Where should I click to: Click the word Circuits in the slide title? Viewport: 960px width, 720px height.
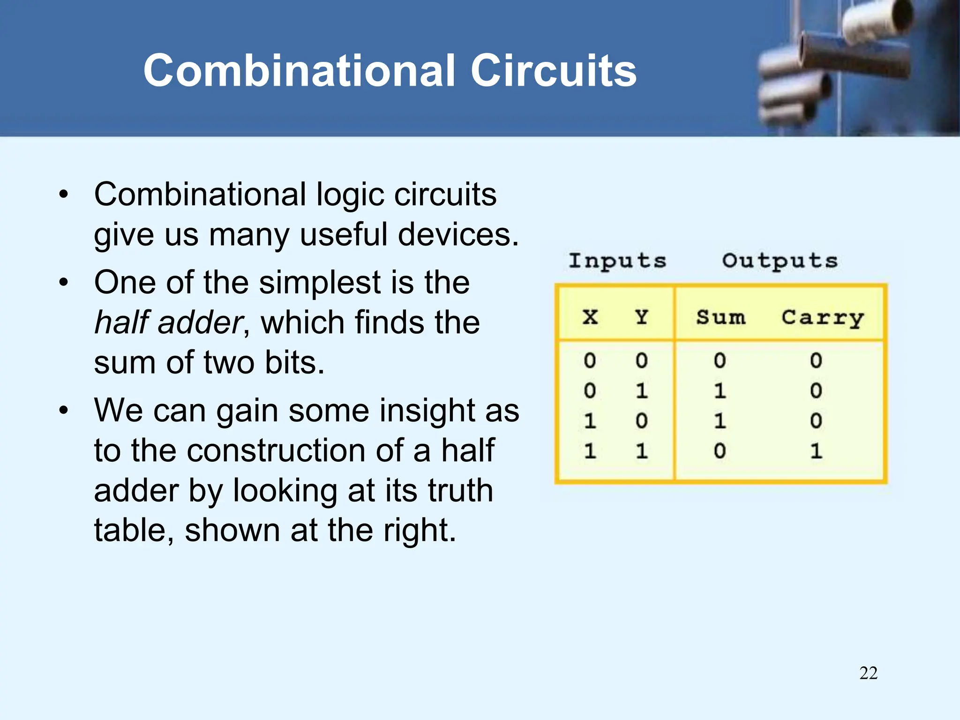click(553, 70)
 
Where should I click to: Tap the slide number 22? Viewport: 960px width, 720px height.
click(868, 673)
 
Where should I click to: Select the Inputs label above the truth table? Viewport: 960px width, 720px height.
click(617, 261)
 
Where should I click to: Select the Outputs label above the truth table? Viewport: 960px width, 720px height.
click(780, 261)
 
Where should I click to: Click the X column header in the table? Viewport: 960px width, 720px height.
click(590, 317)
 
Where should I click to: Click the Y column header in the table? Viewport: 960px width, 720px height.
click(642, 317)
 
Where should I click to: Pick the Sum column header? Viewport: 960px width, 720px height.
click(720, 317)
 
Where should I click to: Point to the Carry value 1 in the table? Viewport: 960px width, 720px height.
click(816, 451)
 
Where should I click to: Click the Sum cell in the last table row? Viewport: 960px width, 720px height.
click(720, 451)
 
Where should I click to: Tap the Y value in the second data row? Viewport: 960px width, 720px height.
click(642, 390)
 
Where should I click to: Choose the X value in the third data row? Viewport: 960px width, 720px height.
click(590, 421)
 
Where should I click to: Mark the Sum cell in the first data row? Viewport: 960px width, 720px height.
click(720, 360)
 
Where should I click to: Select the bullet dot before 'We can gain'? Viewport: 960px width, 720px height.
click(64, 411)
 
